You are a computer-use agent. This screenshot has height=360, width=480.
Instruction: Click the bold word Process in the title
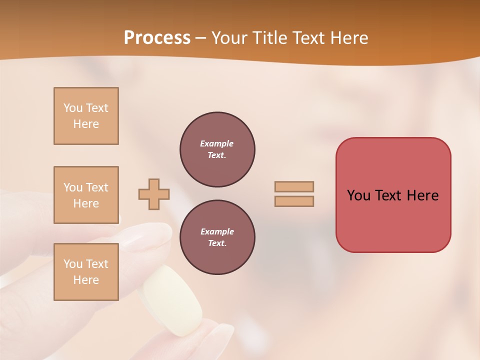pyautogui.click(x=157, y=38)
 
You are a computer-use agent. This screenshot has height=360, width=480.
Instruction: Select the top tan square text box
pyautogui.click(x=86, y=116)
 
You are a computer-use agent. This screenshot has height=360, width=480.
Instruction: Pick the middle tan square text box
pyautogui.click(x=86, y=195)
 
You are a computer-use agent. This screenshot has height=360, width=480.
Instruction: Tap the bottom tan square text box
pyautogui.click(x=86, y=272)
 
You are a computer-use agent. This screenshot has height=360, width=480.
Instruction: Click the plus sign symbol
pyautogui.click(x=154, y=194)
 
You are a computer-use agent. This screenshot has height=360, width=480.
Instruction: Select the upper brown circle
pyautogui.click(x=217, y=149)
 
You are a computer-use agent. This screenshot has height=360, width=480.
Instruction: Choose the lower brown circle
pyautogui.click(x=217, y=237)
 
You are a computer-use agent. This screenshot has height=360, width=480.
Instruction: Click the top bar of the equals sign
pyautogui.click(x=294, y=186)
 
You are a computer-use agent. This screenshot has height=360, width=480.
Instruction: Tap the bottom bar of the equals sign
pyautogui.click(x=294, y=201)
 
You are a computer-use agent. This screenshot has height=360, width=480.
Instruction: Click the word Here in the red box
pyautogui.click(x=422, y=195)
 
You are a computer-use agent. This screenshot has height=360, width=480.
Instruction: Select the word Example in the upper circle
pyautogui.click(x=217, y=143)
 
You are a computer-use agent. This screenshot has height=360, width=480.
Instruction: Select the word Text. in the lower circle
pyautogui.click(x=217, y=243)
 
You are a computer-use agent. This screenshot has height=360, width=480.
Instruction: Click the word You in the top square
pyautogui.click(x=73, y=108)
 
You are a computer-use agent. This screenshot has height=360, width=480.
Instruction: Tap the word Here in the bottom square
pyautogui.click(x=86, y=280)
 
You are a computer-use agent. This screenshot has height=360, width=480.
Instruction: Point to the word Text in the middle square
pyautogui.click(x=97, y=187)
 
